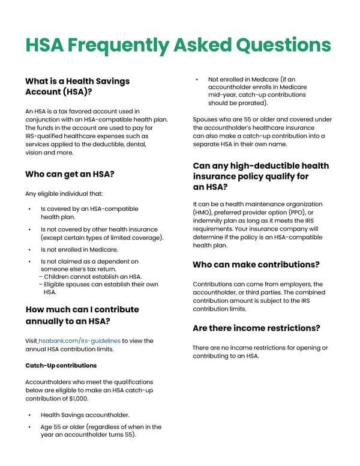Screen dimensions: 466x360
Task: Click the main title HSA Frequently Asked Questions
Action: point(178,45)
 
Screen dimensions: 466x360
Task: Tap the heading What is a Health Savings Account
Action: point(77,86)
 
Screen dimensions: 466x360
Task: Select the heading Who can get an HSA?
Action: point(70,174)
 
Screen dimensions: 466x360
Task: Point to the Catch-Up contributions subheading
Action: point(61,365)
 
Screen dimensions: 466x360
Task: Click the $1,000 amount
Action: point(77,398)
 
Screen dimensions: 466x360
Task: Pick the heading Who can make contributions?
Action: point(256,264)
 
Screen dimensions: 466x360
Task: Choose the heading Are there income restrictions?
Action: point(256,328)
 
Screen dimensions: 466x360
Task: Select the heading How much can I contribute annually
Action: point(82,315)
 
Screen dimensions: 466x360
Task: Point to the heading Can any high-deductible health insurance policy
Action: point(260,176)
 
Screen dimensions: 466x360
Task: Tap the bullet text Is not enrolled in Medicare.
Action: point(79,249)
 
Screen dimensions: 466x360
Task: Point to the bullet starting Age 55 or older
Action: point(101,431)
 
